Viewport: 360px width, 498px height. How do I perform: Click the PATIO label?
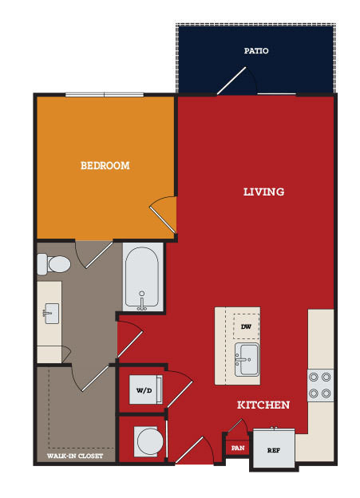tap(256, 51)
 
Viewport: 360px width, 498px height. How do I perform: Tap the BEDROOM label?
tap(105, 165)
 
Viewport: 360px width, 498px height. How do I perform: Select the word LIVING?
tap(263, 192)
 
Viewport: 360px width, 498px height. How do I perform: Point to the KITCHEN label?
tap(263, 405)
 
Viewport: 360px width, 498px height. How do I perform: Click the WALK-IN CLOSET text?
tap(75, 456)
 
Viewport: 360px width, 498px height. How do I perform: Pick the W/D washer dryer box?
tap(146, 389)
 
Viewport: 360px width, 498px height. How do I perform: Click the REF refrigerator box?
tap(274, 449)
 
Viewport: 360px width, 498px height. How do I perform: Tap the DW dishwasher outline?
tap(246, 326)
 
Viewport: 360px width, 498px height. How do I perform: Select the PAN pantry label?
tap(238, 449)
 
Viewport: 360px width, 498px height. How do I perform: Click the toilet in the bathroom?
tap(53, 264)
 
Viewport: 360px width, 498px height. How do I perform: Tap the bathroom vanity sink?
tap(51, 314)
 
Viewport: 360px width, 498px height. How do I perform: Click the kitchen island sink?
tap(247, 359)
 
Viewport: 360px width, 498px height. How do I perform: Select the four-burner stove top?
tap(320, 385)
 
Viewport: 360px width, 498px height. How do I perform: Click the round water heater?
tap(150, 441)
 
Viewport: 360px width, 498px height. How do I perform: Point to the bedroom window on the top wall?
tap(105, 95)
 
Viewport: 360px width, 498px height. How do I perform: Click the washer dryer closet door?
tap(180, 389)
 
